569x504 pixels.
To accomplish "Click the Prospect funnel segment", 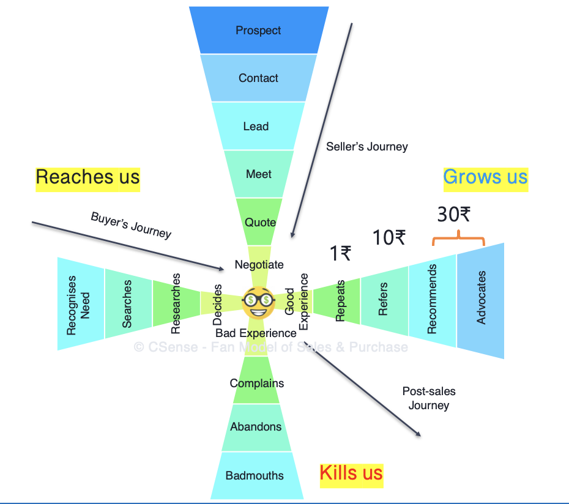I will (258, 30).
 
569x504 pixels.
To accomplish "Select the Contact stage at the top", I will (258, 78).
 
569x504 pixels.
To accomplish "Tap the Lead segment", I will (256, 127).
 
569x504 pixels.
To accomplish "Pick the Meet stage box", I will (258, 174).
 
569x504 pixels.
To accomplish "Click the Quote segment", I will (260, 222).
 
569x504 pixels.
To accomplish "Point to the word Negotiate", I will (259, 265).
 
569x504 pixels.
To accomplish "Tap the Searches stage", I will (127, 304).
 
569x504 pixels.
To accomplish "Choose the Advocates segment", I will (482, 300).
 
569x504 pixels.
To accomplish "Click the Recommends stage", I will (433, 300).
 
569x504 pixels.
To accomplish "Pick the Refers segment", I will (384, 300).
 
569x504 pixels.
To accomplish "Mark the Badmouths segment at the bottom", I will (255, 475).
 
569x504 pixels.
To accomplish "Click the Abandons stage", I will (256, 427).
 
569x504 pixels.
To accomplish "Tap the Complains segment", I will (257, 384).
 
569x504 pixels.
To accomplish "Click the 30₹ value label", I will (453, 214).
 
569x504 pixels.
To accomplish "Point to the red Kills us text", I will (351, 473).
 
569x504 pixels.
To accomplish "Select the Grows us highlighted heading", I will (485, 177).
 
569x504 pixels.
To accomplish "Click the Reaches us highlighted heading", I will (87, 177).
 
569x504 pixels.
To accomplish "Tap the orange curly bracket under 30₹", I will (458, 237).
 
